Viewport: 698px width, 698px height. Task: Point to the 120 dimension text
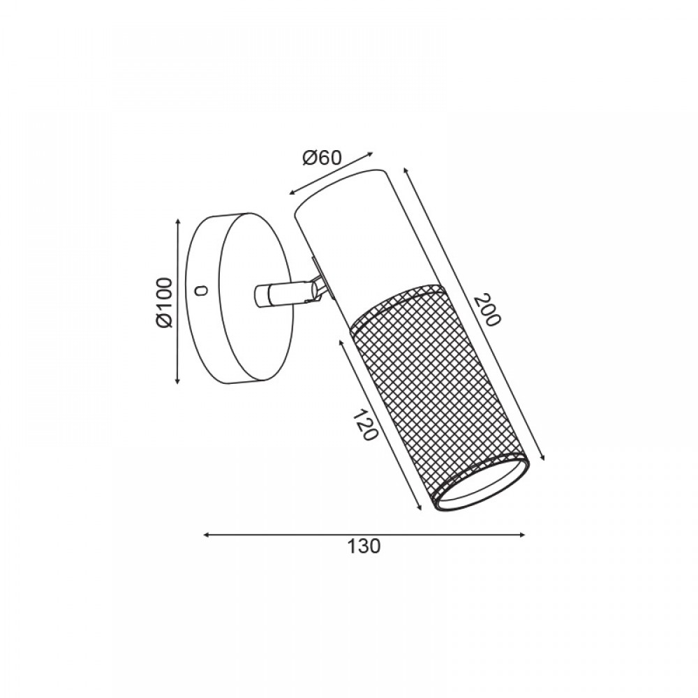[x=365, y=425]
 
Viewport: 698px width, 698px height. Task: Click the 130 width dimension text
[x=364, y=546]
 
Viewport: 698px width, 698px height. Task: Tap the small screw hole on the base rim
[x=201, y=291]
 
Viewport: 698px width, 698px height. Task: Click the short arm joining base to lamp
[x=281, y=295]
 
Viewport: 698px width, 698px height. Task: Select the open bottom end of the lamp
[x=481, y=484]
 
